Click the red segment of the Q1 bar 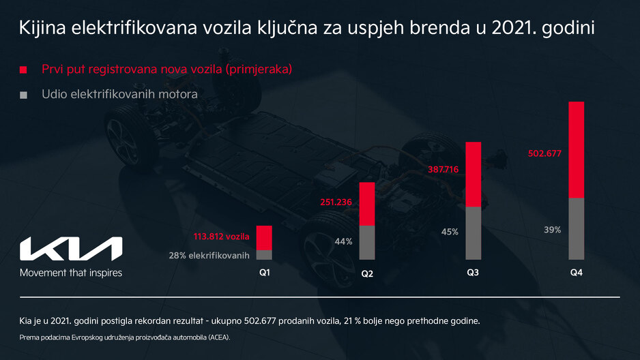pyautogui.click(x=264, y=237)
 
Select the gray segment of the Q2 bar pyautogui.click(x=367, y=242)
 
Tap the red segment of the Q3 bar pyautogui.click(x=473, y=174)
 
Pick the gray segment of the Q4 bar pyautogui.click(x=577, y=228)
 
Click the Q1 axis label pyautogui.click(x=264, y=273)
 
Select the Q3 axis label pyautogui.click(x=473, y=273)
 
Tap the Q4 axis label pyautogui.click(x=577, y=273)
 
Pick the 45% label pyautogui.click(x=450, y=232)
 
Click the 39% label pyautogui.click(x=553, y=230)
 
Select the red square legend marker pyautogui.click(x=23, y=70)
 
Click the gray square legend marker pyautogui.click(x=23, y=94)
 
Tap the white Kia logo pyautogui.click(x=71, y=249)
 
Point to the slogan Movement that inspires pyautogui.click(x=71, y=273)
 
